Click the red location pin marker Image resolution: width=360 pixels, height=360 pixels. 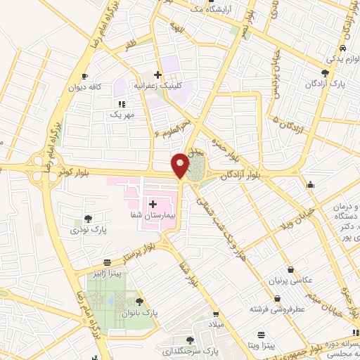(x=181, y=165)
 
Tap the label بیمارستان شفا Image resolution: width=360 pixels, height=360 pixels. (x=148, y=214)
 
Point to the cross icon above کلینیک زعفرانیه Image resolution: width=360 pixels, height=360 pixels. (x=158, y=75)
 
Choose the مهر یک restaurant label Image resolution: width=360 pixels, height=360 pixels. (x=120, y=113)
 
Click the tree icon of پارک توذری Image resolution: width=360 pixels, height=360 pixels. (x=88, y=219)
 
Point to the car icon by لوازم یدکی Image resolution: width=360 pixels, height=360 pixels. (x=342, y=48)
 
